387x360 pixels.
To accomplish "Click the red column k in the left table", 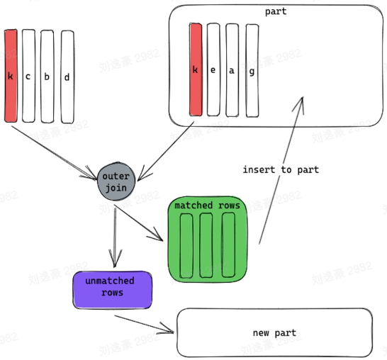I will coord(10,74).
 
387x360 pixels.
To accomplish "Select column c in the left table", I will coord(28,74).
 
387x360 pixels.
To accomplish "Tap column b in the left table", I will coord(47,74).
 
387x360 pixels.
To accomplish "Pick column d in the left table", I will coord(67,74).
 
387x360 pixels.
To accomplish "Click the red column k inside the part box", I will coord(196,69).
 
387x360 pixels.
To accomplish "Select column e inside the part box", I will coord(213,69).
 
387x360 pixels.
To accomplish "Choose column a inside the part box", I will coord(232,69).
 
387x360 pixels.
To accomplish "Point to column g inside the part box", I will coord(252,69).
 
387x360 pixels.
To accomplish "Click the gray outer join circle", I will coord(116,183).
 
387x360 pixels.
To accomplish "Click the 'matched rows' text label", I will coord(206,206).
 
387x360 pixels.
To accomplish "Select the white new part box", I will coord(274,332).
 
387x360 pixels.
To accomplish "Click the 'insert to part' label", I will coord(281,170).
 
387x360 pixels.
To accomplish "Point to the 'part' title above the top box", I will coord(275,12).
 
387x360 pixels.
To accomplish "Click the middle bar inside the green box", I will coord(207,244).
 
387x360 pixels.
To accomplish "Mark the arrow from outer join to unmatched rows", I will coord(115,234).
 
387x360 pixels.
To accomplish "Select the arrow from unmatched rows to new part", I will coord(145,322).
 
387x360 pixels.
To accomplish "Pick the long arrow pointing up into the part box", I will coord(280,170).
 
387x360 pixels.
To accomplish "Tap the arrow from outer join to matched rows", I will coord(138,221).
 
